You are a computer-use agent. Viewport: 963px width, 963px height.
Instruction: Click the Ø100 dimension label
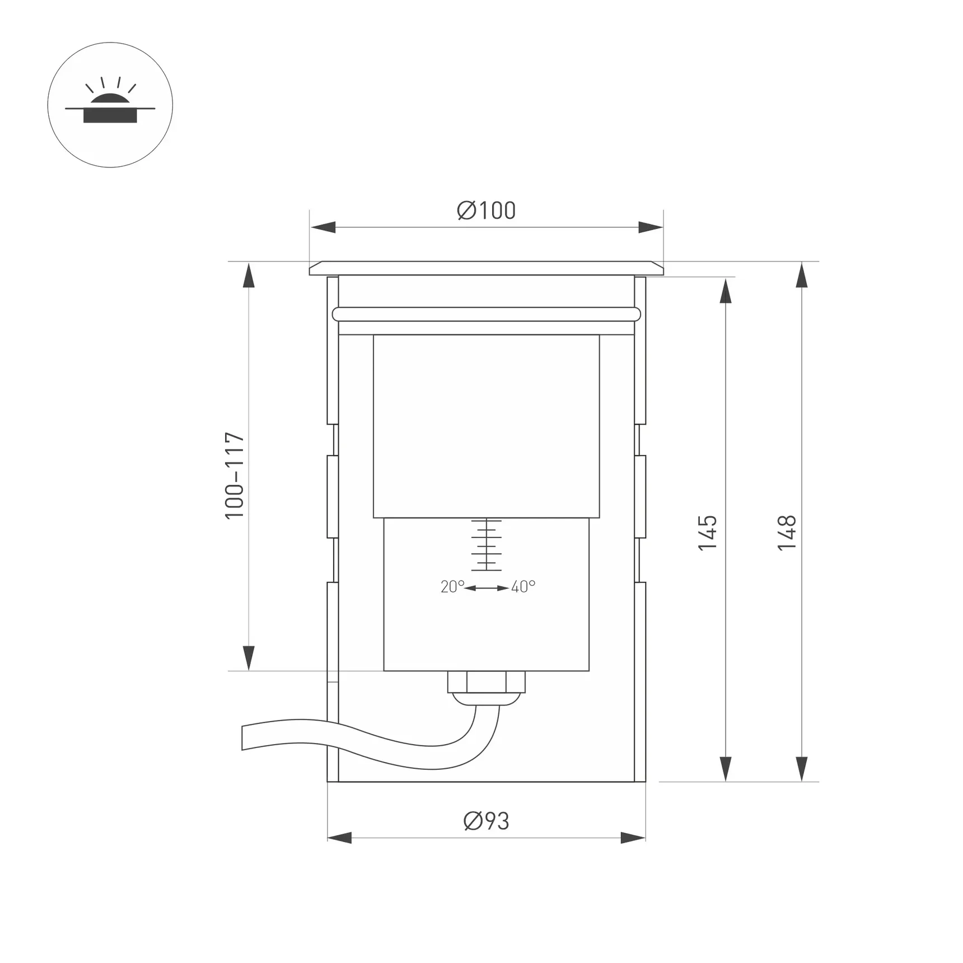click(x=486, y=211)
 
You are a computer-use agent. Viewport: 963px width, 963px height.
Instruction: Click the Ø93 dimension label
click(x=486, y=821)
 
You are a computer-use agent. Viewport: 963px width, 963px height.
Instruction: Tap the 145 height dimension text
click(x=708, y=532)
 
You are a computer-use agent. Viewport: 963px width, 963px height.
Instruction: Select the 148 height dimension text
click(x=787, y=532)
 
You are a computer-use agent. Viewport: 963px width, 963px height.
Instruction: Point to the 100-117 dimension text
click(x=235, y=475)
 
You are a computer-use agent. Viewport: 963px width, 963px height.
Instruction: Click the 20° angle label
click(x=452, y=587)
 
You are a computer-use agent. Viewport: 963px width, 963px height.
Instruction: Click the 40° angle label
click(x=523, y=587)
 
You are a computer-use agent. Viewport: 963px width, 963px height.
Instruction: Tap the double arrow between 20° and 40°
click(x=487, y=588)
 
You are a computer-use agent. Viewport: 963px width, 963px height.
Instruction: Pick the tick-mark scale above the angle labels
click(x=486, y=545)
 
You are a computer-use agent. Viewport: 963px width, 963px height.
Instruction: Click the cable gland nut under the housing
click(x=486, y=682)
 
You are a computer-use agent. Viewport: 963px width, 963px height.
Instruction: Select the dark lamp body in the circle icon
click(x=110, y=116)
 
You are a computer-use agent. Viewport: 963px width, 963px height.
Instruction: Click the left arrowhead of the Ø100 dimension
click(x=323, y=227)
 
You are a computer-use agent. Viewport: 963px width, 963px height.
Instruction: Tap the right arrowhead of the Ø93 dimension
click(x=633, y=838)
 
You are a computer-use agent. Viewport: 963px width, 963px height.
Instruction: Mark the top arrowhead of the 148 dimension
click(x=802, y=275)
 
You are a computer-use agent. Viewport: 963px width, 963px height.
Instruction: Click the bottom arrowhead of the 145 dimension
click(x=726, y=768)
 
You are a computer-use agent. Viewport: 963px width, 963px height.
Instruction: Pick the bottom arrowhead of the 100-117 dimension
click(x=249, y=657)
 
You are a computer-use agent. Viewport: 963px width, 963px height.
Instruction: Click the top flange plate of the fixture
click(x=486, y=268)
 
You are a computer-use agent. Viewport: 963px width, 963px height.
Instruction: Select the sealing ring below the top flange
click(x=486, y=314)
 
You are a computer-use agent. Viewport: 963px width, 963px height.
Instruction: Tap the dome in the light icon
click(x=110, y=101)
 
